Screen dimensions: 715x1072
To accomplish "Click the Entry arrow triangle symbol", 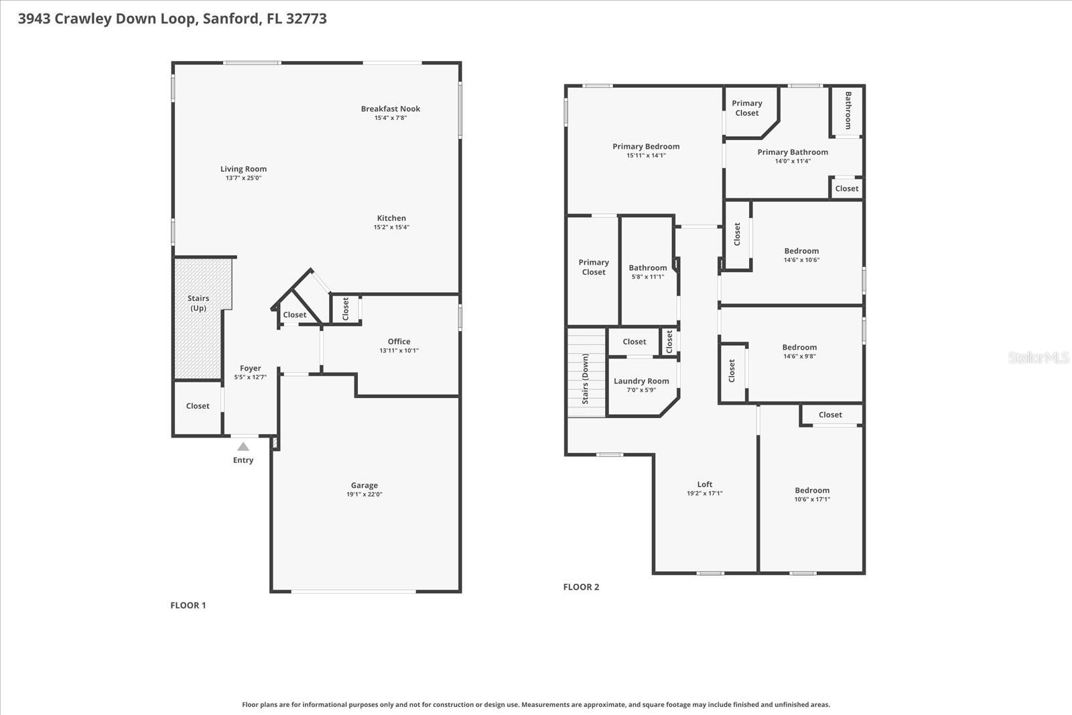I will click(x=243, y=446).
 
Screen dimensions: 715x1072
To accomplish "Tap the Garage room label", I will click(x=364, y=485).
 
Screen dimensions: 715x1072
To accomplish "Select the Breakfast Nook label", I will click(x=391, y=109).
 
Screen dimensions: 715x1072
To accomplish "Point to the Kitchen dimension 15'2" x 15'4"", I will click(x=391, y=227).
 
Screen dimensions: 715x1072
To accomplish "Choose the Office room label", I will click(x=399, y=341).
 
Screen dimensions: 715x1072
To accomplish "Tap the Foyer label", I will click(x=251, y=368).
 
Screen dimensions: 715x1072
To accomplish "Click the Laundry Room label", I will click(x=641, y=381).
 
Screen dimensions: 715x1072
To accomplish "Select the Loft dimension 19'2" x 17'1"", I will click(x=704, y=493).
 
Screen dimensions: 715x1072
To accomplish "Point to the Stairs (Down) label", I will click(x=585, y=379).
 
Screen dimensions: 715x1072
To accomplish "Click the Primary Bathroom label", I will click(x=793, y=152).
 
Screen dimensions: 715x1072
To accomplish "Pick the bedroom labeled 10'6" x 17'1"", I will click(x=812, y=491).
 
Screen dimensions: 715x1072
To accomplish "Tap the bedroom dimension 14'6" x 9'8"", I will click(x=799, y=356).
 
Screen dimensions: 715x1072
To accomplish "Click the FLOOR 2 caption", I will click(x=581, y=587).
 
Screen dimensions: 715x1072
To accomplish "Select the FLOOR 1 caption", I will click(x=188, y=605).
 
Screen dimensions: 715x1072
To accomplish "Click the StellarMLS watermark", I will click(x=1038, y=358).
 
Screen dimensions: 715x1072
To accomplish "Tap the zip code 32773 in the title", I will click(x=306, y=18).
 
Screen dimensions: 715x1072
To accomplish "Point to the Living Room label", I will click(x=243, y=169).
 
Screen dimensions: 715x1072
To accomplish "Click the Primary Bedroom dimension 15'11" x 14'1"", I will click(x=646, y=155).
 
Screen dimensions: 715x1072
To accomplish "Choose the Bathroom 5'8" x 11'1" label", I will click(x=647, y=267).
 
